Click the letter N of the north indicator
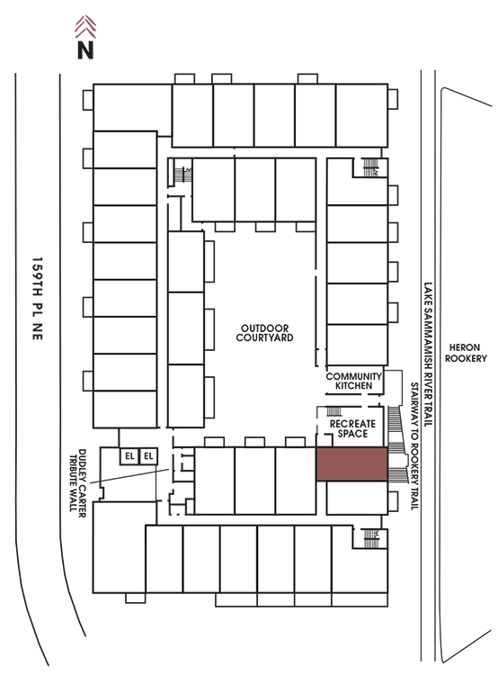click(x=85, y=49)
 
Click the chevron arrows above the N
click(x=85, y=27)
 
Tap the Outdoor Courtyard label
click(x=264, y=333)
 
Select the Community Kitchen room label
click(x=353, y=381)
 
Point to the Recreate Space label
click(x=352, y=428)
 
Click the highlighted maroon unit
click(x=351, y=463)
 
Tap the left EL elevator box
click(x=129, y=456)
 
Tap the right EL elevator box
click(x=148, y=456)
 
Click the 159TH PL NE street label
click(x=38, y=299)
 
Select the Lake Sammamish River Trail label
click(x=428, y=355)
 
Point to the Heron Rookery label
click(x=466, y=353)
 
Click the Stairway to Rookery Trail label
click(x=414, y=446)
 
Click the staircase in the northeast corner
click(x=370, y=167)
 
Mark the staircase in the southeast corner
click(x=370, y=538)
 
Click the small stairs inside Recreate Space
click(x=334, y=411)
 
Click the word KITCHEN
click(x=353, y=386)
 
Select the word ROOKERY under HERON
click(x=466, y=358)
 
